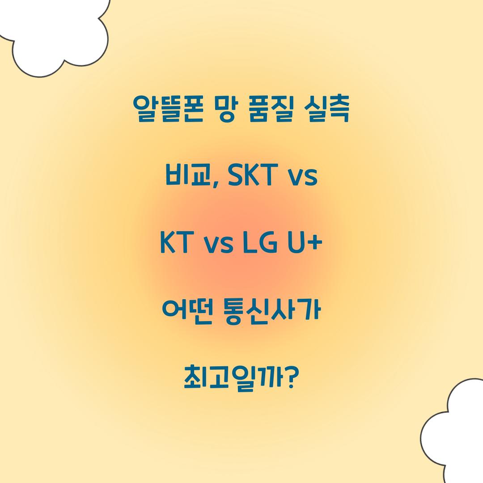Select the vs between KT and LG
(x=218, y=246)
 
